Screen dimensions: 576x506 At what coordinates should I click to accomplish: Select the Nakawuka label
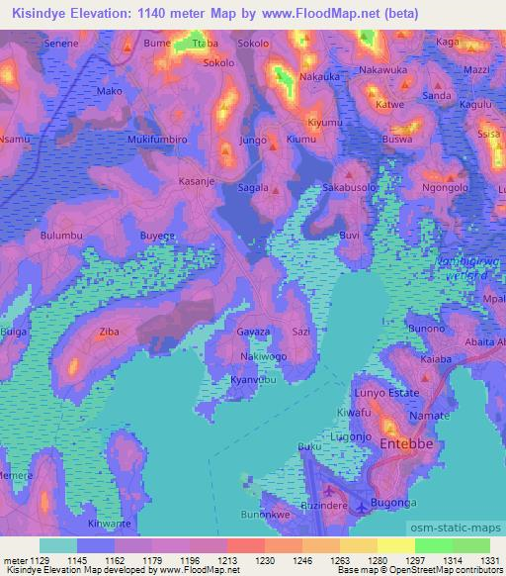coord(385,71)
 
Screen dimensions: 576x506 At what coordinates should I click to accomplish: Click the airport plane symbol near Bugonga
coord(362,508)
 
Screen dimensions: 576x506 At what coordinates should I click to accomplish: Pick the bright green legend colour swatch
coord(433,545)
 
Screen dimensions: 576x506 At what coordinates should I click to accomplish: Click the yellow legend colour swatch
coord(395,545)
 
